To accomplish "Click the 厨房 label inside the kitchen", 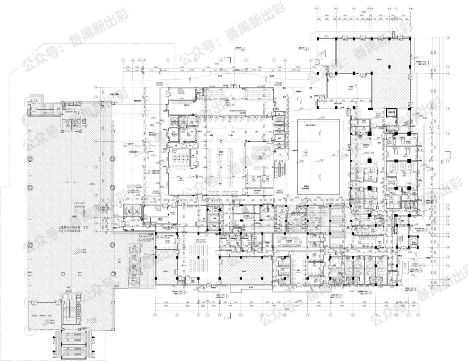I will click(221, 153).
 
